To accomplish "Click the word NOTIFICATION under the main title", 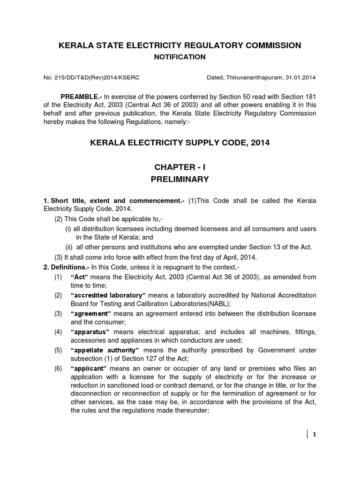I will click(x=180, y=57).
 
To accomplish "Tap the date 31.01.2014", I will click(x=301, y=77).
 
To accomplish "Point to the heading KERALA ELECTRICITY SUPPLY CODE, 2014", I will click(x=180, y=142).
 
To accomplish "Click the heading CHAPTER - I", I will click(x=180, y=166).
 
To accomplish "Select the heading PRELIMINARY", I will click(x=180, y=179).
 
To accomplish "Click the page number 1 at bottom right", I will click(x=315, y=434).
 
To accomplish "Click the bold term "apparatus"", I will click(x=92, y=331).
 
